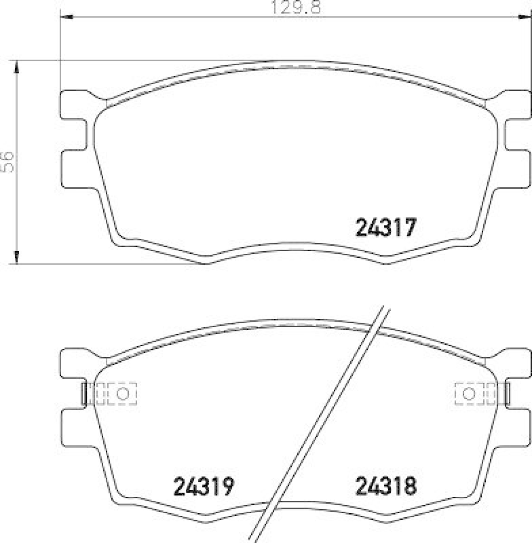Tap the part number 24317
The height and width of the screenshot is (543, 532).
(x=385, y=227)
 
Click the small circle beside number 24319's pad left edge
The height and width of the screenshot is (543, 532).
(x=123, y=394)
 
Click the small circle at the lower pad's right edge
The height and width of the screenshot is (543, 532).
(x=468, y=394)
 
